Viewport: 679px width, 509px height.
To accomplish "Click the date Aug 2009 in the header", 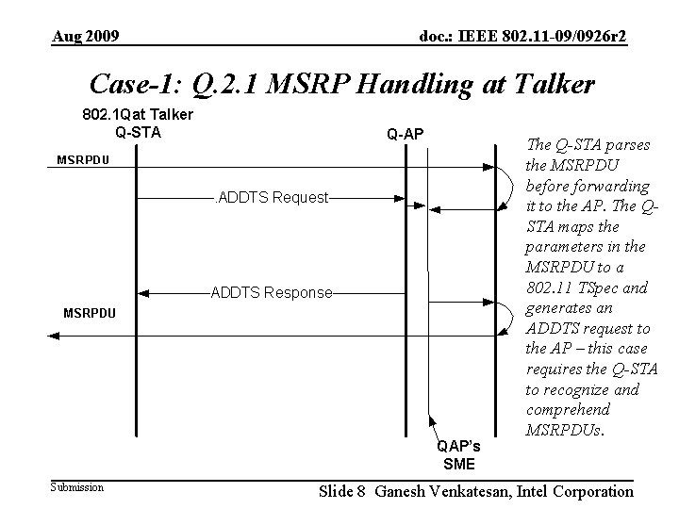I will (85, 37).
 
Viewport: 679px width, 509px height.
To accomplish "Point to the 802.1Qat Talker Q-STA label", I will (136, 123).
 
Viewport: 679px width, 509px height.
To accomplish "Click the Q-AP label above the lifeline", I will (405, 135).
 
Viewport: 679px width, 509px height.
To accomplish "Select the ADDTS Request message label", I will (273, 198).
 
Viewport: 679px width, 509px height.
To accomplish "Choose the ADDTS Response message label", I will (273, 292).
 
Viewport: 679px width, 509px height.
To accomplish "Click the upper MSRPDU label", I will (83, 160).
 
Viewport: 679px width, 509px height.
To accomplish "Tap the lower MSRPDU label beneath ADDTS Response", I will (90, 312).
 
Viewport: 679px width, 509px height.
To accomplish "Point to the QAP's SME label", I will (458, 455).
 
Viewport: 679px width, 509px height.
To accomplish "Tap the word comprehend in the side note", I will (568, 410).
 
